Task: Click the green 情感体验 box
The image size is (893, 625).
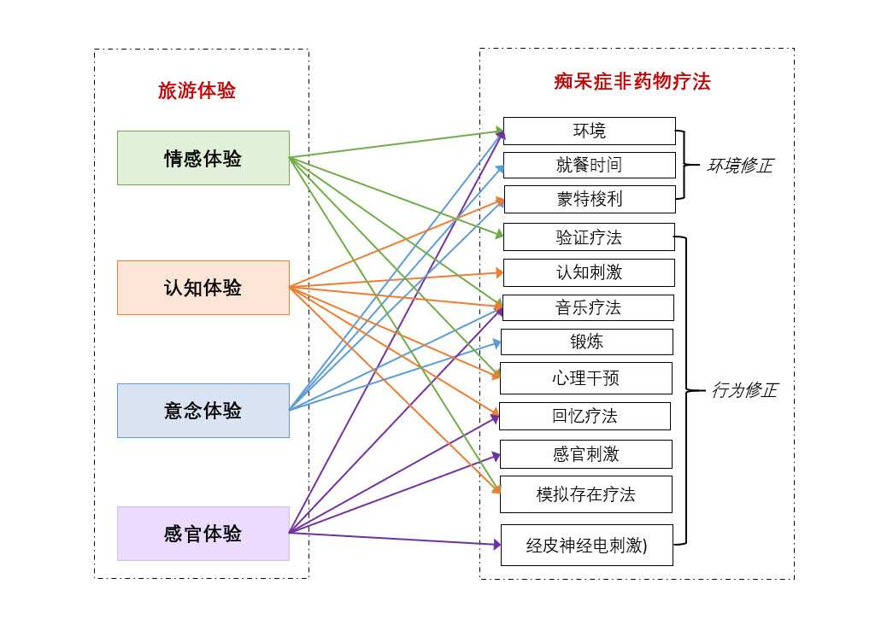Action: coord(203,158)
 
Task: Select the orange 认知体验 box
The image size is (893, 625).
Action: coord(203,288)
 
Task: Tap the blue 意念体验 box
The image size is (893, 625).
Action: coord(203,411)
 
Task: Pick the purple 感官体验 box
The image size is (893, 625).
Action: coord(203,534)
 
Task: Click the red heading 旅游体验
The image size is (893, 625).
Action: coord(197,91)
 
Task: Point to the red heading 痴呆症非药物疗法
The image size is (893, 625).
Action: coord(632,82)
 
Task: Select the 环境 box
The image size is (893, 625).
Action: coord(589,131)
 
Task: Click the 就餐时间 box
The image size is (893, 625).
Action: coord(589,165)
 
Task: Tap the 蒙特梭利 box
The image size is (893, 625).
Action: coord(589,199)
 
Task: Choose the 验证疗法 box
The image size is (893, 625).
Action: coord(589,237)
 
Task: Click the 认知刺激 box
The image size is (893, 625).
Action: coord(589,272)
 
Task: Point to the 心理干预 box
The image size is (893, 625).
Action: coord(585,377)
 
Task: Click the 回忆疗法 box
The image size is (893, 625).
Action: coord(585,416)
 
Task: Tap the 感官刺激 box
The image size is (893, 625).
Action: coord(585,454)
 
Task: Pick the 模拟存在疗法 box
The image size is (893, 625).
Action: coord(585,494)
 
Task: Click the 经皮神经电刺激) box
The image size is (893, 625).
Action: coord(586,545)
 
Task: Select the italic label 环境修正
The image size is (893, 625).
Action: coord(739,166)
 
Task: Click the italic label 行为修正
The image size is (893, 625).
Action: coord(743,390)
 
